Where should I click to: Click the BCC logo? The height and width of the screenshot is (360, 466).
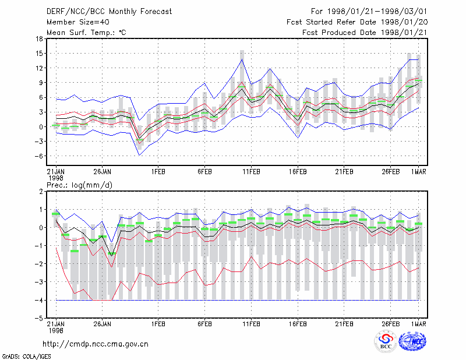point(386,341)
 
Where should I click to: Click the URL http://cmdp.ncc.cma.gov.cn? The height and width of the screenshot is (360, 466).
point(96,344)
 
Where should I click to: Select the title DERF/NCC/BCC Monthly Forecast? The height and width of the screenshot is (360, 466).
point(109,12)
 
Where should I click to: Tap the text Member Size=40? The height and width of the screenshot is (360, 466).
point(78,22)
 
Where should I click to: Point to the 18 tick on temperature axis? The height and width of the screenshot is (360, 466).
point(39,38)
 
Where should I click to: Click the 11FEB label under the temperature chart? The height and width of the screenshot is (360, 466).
point(251,172)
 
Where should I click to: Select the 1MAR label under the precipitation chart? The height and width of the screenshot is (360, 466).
point(418,324)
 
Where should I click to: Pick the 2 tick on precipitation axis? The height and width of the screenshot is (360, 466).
point(41,192)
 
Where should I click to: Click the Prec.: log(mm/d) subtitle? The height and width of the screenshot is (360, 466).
point(79,185)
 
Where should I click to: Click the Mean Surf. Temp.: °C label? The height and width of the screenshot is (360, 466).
point(86,33)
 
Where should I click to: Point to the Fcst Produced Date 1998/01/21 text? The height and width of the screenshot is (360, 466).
point(365,33)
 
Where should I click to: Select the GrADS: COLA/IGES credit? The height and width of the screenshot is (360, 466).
point(26,357)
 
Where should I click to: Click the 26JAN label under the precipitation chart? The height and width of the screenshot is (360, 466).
point(103,324)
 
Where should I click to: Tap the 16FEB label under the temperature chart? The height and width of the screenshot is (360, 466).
point(298,172)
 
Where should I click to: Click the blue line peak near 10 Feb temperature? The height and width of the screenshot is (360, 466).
point(242,59)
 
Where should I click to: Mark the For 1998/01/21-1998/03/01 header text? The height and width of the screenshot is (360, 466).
point(369,12)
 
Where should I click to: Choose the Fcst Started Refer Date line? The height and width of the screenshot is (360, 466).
point(357,22)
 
